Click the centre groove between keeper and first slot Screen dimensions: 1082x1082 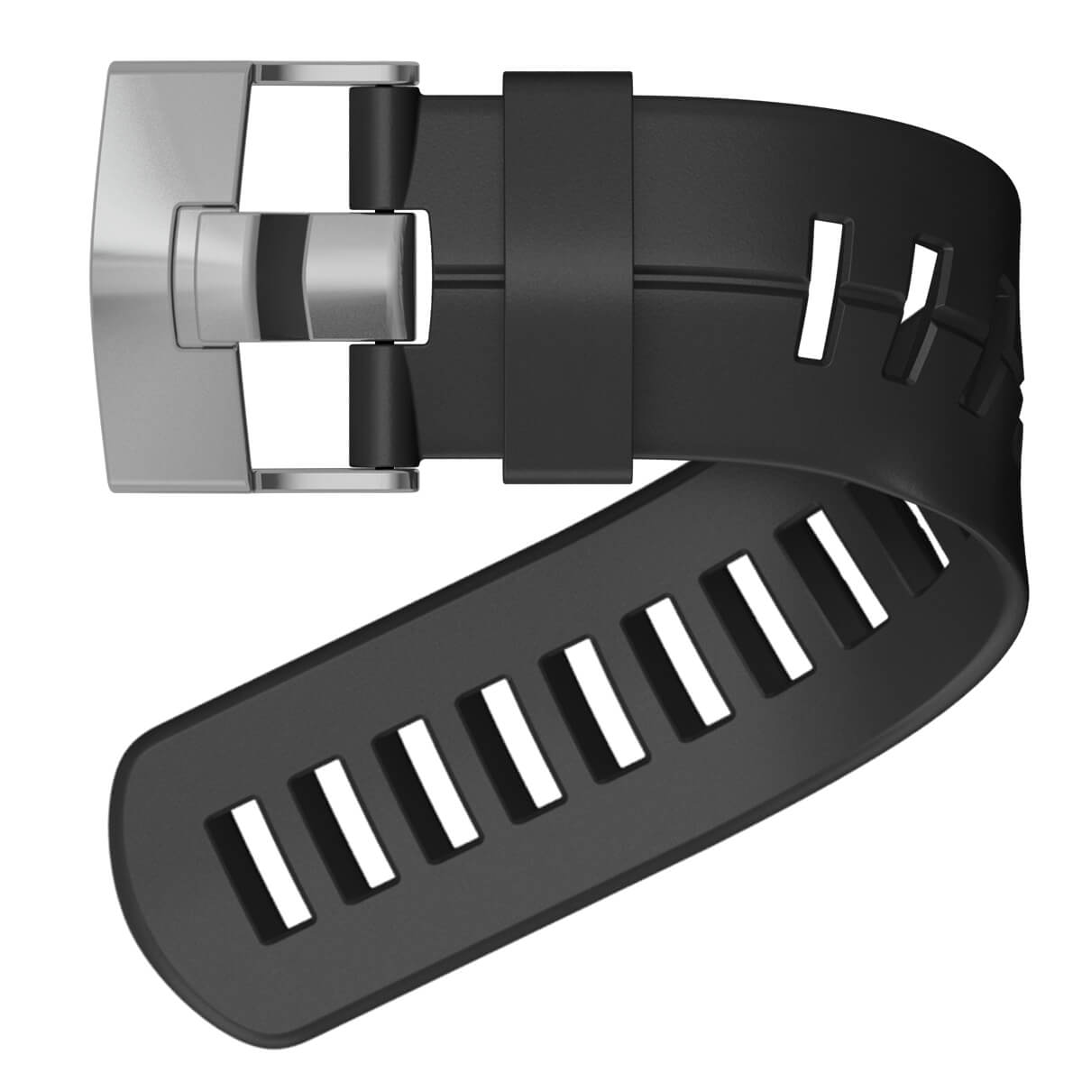click(712, 280)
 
